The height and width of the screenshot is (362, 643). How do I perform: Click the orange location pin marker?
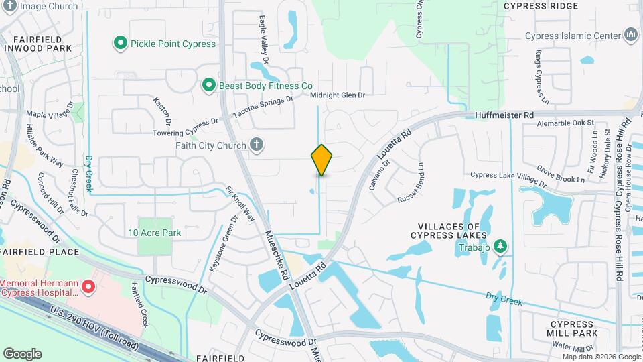(x=321, y=160)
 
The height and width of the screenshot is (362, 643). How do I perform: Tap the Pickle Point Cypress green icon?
(x=121, y=44)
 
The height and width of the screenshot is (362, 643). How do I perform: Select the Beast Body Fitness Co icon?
(x=209, y=85)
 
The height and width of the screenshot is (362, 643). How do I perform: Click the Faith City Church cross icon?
(x=255, y=144)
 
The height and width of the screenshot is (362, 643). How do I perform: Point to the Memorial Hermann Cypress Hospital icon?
(x=88, y=288)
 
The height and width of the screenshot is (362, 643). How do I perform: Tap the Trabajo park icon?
(x=499, y=247)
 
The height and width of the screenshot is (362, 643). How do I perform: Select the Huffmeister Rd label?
(x=504, y=115)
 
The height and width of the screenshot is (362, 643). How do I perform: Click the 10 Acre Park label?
(x=155, y=233)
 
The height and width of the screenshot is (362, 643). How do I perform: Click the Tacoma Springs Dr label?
(x=263, y=107)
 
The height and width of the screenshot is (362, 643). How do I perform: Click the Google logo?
(x=22, y=353)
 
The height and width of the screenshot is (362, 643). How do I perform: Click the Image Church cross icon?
(x=9, y=6)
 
